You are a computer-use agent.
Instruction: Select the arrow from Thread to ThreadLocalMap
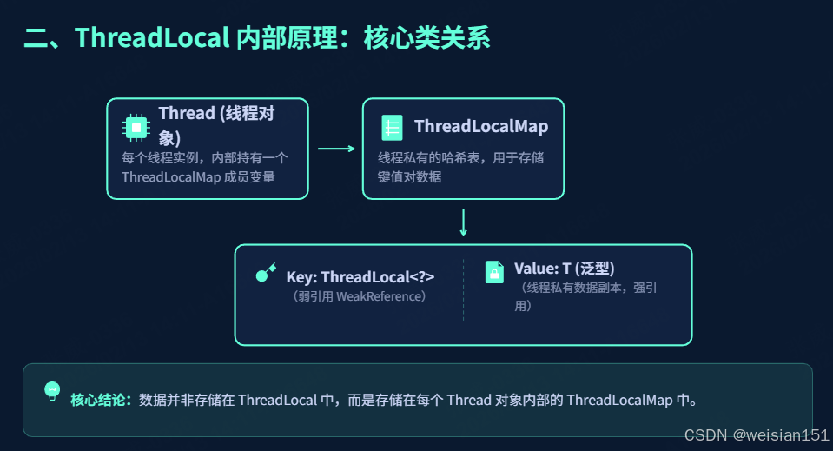[x=336, y=149]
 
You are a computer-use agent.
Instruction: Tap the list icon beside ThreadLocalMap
[x=392, y=128]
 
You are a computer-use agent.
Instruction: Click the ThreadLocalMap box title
[x=481, y=127]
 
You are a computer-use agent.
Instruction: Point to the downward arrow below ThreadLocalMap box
[x=463, y=222]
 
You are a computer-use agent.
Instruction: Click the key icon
[x=265, y=273]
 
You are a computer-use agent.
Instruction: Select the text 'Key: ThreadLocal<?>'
[x=360, y=277]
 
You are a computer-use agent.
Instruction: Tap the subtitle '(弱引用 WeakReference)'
[x=360, y=296]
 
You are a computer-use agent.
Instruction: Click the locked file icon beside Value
[x=494, y=271]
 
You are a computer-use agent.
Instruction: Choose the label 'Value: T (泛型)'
[x=570, y=269]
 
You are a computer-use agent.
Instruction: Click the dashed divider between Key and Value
[x=464, y=289]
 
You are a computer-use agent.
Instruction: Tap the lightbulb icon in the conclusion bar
[x=52, y=390]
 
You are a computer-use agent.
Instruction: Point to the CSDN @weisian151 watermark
[x=756, y=434]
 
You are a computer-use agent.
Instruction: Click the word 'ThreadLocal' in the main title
[x=152, y=38]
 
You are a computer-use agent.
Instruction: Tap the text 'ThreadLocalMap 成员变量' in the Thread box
[x=198, y=177]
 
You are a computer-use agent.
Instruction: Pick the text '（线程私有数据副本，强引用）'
[x=585, y=295]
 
